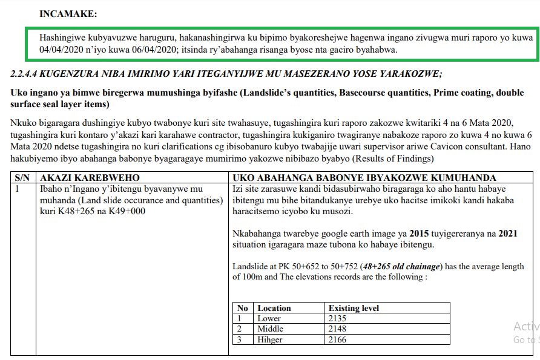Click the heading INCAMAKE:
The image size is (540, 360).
tap(68, 13)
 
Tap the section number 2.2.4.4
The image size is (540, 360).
tap(29, 74)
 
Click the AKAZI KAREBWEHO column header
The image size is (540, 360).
tap(89, 177)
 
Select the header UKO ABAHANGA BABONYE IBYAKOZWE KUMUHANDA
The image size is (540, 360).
tap(364, 177)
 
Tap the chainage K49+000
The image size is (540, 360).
tap(128, 211)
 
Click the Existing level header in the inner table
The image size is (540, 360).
tap(354, 308)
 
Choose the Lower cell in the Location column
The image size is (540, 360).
tap(269, 318)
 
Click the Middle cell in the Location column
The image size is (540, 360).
tap(271, 329)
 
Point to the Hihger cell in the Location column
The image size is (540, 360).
tap(271, 339)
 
